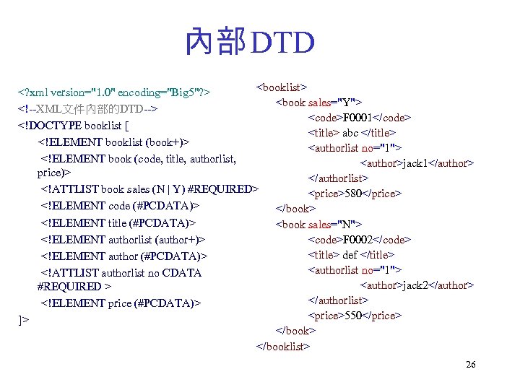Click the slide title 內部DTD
coord(250,42)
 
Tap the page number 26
coord(470,365)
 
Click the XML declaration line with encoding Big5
coord(115,92)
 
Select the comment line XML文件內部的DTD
coord(89,109)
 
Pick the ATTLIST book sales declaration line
coord(149,189)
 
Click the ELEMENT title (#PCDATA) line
coord(119,222)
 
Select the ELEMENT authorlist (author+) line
coord(123,239)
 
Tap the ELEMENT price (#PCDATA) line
coord(121,303)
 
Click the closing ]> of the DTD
coord(24,319)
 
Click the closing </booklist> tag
coord(283,346)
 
